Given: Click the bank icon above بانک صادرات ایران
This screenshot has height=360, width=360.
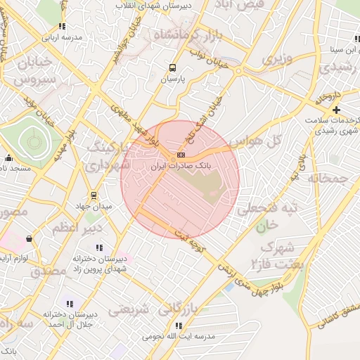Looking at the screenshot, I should coord(181,154).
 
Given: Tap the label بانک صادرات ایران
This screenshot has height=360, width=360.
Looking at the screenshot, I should coord(181,165).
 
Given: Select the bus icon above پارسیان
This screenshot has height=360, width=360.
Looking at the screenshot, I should coord(172,68).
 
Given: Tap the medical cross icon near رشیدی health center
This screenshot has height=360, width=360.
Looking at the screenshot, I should coord(337,110).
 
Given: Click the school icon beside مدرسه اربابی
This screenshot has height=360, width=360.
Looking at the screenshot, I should coord(63,26).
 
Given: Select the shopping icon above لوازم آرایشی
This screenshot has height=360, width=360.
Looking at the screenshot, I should coord(28,239).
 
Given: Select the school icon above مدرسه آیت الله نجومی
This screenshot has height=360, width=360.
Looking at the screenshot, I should coord(179,326).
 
